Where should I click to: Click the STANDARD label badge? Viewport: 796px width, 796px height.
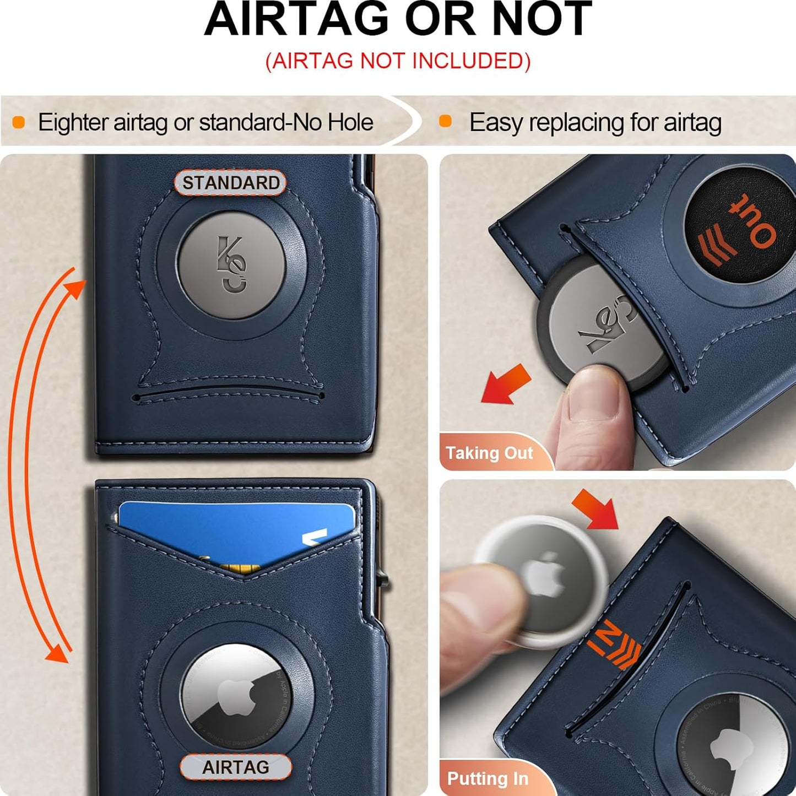tap(231, 183)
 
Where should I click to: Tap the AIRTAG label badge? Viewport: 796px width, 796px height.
tap(236, 767)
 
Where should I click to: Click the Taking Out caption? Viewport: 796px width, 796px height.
tap(489, 453)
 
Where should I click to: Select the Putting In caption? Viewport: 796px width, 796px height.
tap(488, 778)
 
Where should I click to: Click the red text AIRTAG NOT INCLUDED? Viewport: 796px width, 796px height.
tap(398, 61)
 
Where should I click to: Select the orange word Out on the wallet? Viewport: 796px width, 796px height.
tap(752, 220)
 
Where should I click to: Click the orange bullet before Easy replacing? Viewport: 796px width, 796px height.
tap(445, 122)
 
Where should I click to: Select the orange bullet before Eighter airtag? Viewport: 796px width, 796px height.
tap(19, 122)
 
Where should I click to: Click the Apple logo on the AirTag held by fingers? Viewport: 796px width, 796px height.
tap(543, 575)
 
